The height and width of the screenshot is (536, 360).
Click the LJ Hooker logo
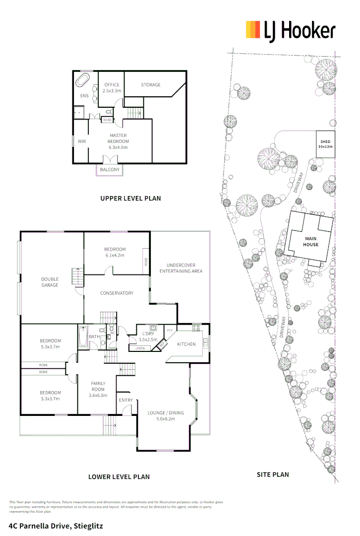point(291,31)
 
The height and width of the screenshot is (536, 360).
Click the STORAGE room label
point(151,85)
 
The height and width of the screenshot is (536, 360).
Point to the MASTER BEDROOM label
point(118,141)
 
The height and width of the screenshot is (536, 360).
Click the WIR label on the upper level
point(82,141)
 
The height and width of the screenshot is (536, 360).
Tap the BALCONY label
point(110,170)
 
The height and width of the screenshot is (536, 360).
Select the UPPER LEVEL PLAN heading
point(130,198)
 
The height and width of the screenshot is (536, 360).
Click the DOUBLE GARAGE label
point(50,282)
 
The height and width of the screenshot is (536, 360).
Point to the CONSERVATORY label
point(117,293)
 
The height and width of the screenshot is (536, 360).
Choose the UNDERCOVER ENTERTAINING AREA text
point(180,268)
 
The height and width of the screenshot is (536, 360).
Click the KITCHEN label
point(186,344)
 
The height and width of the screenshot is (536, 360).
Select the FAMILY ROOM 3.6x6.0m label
point(98,389)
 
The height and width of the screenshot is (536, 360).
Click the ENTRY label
point(125,400)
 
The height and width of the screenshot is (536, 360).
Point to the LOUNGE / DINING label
point(166,415)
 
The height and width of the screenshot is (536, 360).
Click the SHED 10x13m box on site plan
point(325,144)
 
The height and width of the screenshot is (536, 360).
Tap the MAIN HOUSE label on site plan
point(311,241)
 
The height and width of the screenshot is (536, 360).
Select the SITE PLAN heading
point(272,474)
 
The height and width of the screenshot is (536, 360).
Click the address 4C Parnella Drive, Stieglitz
point(56,525)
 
